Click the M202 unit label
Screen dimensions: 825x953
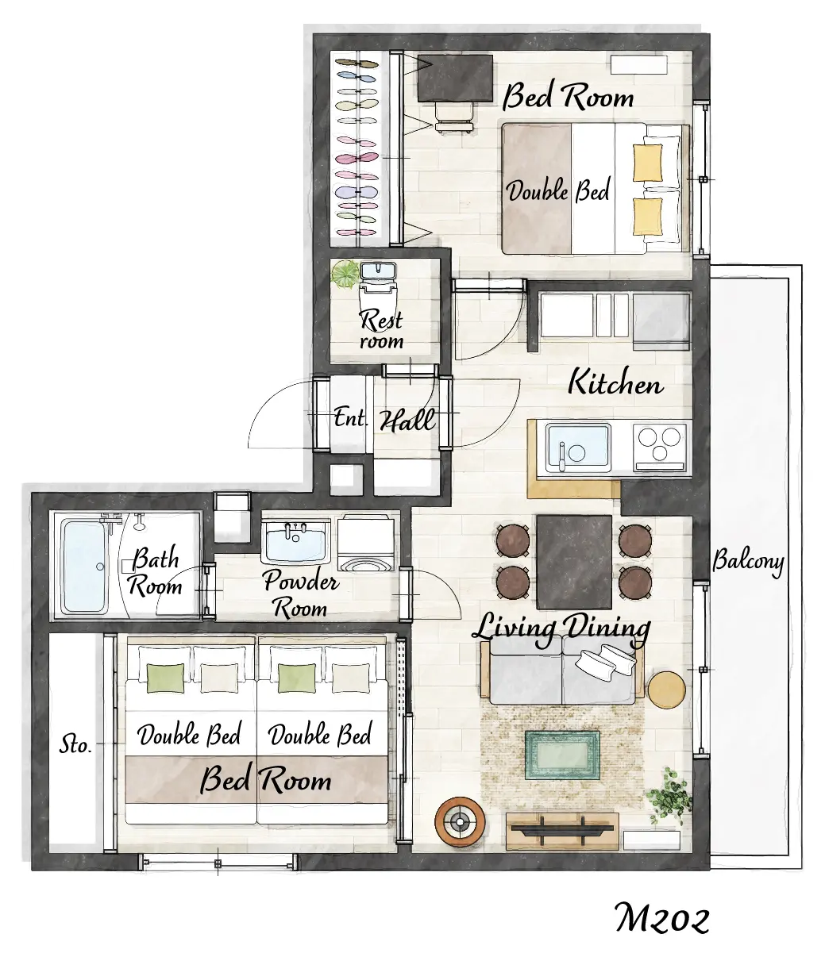point(661,918)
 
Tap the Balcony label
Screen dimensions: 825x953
point(748,562)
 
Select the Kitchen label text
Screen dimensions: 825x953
point(615,382)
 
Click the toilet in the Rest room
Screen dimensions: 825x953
point(378,290)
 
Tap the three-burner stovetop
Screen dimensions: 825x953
point(659,448)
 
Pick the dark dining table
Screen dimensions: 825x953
point(574,563)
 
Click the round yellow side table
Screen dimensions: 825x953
point(666,690)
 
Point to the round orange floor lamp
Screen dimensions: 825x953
point(460,822)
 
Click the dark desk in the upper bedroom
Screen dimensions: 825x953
point(455,79)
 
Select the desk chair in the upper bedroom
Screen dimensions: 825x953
point(454,117)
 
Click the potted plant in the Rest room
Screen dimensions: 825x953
point(345,275)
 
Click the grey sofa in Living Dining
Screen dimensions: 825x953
point(562,671)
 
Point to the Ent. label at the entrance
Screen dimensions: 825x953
point(351,418)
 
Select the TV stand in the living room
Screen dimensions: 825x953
point(562,832)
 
